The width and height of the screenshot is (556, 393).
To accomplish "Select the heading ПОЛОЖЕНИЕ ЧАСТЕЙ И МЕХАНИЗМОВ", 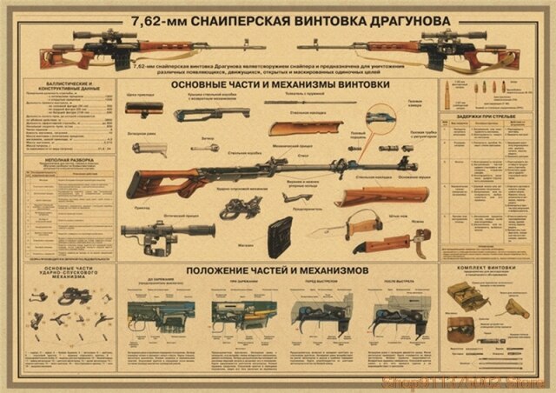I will coord(277,270).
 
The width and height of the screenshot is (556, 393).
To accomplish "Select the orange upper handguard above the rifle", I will coord(298,128).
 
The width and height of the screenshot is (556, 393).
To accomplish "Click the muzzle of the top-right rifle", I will coord(300,43).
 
